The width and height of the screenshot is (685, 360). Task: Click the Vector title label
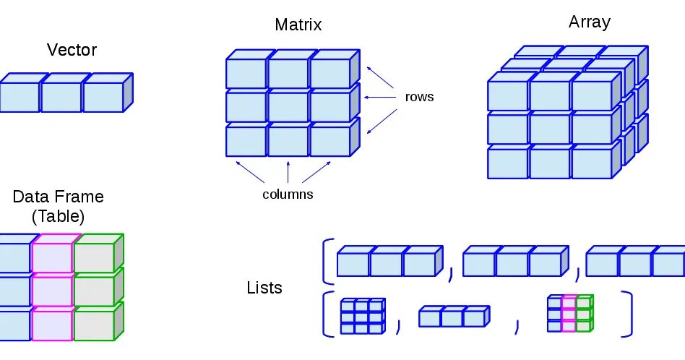tap(72, 50)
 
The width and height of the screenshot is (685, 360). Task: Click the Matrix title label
tap(298, 25)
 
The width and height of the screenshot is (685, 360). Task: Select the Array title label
tap(589, 22)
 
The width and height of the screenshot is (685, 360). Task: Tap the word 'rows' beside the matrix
tap(419, 96)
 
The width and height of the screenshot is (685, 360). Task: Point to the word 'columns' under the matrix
tap(288, 194)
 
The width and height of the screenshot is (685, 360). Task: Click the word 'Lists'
tap(264, 288)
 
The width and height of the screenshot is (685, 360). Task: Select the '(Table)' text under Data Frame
tap(58, 215)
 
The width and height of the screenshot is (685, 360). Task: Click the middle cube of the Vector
tap(61, 98)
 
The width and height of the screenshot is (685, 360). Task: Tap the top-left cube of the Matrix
tap(246, 73)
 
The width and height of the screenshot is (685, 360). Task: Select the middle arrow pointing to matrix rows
tap(380, 96)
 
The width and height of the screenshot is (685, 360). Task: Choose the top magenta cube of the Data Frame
tap(52, 257)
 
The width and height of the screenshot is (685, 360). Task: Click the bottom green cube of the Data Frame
tap(94, 325)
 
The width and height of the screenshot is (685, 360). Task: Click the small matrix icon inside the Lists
tap(361, 316)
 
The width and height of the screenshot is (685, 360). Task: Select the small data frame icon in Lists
tap(569, 314)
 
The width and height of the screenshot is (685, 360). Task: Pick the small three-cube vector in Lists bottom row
tap(452, 317)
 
